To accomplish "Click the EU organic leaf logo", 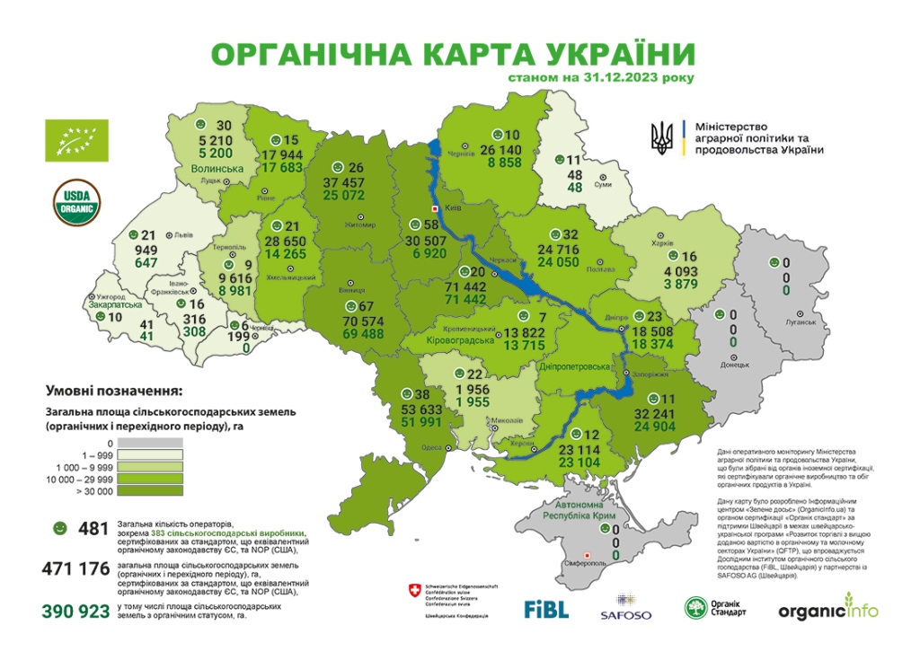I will click(x=76, y=140).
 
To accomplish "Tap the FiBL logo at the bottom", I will click(x=546, y=609).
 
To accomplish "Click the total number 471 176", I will click(x=76, y=569).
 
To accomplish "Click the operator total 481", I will click(x=93, y=528).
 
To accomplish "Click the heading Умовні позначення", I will click(x=112, y=392).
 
